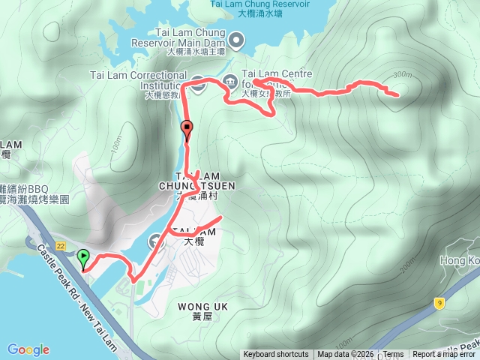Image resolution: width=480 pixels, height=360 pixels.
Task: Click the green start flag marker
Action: (x=82, y=259)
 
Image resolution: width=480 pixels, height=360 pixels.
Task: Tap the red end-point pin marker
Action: (x=187, y=131)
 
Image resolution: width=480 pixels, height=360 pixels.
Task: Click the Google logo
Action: (x=28, y=349)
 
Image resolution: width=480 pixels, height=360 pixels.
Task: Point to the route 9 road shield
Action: (x=438, y=303)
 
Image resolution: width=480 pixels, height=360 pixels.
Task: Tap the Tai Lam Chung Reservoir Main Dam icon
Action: (x=236, y=39)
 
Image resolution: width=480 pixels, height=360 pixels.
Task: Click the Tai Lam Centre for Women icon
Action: (x=232, y=78)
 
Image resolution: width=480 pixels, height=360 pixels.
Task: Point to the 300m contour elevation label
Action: (x=402, y=74)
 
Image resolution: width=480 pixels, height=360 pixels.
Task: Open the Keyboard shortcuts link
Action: (x=275, y=355)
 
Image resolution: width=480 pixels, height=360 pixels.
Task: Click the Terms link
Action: (x=393, y=355)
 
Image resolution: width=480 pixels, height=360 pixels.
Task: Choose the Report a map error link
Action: (x=445, y=355)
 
